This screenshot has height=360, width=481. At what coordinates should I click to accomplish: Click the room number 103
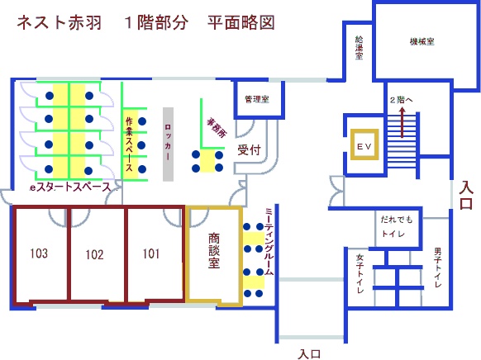[x=39, y=253]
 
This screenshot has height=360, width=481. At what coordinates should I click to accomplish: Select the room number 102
[x=94, y=254]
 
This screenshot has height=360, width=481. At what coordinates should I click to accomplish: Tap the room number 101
[x=151, y=253]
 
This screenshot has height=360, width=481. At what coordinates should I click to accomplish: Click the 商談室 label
[x=214, y=251]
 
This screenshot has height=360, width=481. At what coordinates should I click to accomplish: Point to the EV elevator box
[x=364, y=144]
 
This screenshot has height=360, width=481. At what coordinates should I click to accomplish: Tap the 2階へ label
[x=401, y=100]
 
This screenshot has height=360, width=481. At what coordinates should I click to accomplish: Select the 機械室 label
[x=422, y=41]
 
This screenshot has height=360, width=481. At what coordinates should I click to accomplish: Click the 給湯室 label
[x=360, y=48]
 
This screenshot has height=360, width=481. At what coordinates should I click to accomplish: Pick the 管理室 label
[x=257, y=99]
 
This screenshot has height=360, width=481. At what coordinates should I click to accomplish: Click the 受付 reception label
[x=249, y=149]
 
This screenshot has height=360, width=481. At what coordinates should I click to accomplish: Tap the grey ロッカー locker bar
[x=168, y=144]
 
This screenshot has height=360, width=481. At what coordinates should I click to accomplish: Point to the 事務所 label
[x=217, y=127]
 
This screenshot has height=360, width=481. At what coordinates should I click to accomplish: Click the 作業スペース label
[x=129, y=144]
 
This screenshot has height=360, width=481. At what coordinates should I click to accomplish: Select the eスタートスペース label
[x=70, y=187]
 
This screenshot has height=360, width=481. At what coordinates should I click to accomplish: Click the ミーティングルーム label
[x=269, y=241]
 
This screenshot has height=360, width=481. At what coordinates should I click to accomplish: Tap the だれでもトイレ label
[x=397, y=227]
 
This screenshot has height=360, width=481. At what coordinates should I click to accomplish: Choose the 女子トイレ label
[x=360, y=273]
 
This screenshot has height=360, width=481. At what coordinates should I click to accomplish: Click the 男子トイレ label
[x=438, y=268]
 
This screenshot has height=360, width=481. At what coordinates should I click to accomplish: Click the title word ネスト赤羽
[x=60, y=22]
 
